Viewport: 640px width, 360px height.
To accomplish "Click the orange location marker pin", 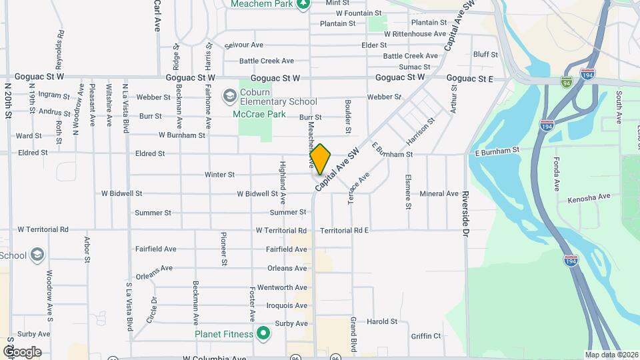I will (320, 159).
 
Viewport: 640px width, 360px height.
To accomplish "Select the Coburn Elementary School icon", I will (230, 97).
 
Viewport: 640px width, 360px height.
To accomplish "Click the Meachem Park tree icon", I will (303, 4).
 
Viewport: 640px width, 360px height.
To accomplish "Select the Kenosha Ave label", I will (589, 198).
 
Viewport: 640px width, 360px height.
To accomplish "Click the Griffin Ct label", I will (426, 336).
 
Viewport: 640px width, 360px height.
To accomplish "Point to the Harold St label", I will (382, 321).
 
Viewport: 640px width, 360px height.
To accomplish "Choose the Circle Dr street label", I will (155, 308).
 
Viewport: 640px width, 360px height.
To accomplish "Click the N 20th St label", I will (8, 101).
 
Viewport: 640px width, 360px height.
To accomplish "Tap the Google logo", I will (21, 351).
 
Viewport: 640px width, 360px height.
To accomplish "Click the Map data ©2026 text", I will (610, 355).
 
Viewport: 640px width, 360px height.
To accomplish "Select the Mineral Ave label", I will (439, 194).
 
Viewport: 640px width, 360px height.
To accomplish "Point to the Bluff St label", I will (485, 55).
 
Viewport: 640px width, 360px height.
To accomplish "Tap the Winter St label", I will (219, 175).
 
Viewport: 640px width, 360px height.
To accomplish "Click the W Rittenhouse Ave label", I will (413, 33).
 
